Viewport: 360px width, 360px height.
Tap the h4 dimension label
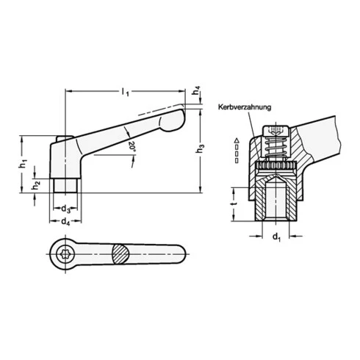196,93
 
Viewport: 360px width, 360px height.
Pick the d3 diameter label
65,208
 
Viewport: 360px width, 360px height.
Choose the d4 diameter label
65,220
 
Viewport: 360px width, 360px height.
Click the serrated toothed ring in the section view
276,170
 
